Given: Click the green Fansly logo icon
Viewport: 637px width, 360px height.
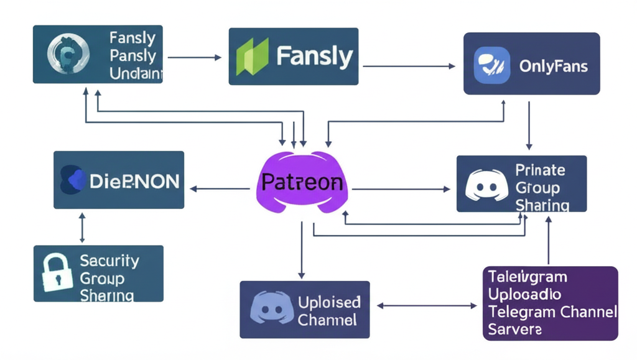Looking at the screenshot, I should [253, 57].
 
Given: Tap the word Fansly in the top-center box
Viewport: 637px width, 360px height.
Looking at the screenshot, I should [314, 57].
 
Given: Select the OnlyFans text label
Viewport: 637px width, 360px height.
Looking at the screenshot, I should [553, 66].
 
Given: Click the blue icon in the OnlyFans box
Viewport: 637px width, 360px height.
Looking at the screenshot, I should [492, 65].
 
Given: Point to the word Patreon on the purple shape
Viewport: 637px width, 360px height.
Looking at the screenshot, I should [302, 182].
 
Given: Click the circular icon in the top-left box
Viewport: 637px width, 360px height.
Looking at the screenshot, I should [64, 55].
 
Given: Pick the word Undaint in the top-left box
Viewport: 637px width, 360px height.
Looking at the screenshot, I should [135, 74].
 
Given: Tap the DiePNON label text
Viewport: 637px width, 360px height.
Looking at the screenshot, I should [134, 181].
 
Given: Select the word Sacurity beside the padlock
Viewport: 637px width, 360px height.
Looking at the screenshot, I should [109, 261].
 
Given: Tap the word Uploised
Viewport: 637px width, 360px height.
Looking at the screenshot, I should [329, 302].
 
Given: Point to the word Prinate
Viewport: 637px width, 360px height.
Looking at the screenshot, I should [540, 170].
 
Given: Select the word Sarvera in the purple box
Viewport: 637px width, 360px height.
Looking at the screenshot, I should [515, 328].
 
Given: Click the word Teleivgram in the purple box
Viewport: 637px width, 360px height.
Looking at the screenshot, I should [527, 277].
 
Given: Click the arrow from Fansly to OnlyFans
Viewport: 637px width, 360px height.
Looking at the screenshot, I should [409, 66].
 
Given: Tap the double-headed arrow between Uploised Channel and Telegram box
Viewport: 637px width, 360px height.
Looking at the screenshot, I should [427, 306].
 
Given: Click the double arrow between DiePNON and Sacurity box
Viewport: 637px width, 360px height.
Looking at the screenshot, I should [82, 227].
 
